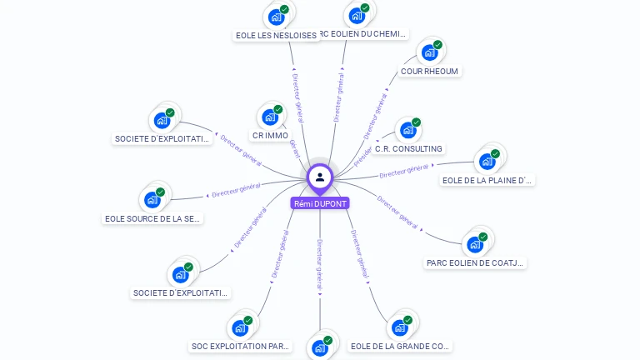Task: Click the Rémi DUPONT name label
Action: click(320, 203)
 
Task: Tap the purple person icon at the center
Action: click(320, 177)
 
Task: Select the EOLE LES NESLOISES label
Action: click(276, 36)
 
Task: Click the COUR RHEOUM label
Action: click(429, 72)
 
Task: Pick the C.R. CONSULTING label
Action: click(408, 149)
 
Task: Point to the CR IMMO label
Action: click(270, 136)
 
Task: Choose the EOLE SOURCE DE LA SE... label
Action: click(152, 219)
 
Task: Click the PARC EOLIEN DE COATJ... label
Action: click(475, 263)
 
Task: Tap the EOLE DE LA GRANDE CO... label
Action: click(401, 346)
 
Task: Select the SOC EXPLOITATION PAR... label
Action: click(241, 346)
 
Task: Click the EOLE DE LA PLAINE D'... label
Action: click(487, 180)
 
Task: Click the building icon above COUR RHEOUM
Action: click(429, 52)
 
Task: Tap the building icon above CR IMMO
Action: click(270, 117)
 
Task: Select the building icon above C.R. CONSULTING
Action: click(407, 130)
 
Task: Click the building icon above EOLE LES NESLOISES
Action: click(276, 17)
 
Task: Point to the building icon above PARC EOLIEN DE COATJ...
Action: click(475, 244)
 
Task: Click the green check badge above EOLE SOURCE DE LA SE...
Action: click(161, 192)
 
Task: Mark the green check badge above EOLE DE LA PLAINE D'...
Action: click(495, 153)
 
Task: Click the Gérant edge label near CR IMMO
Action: click(294, 149)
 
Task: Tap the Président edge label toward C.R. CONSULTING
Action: click(363, 156)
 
